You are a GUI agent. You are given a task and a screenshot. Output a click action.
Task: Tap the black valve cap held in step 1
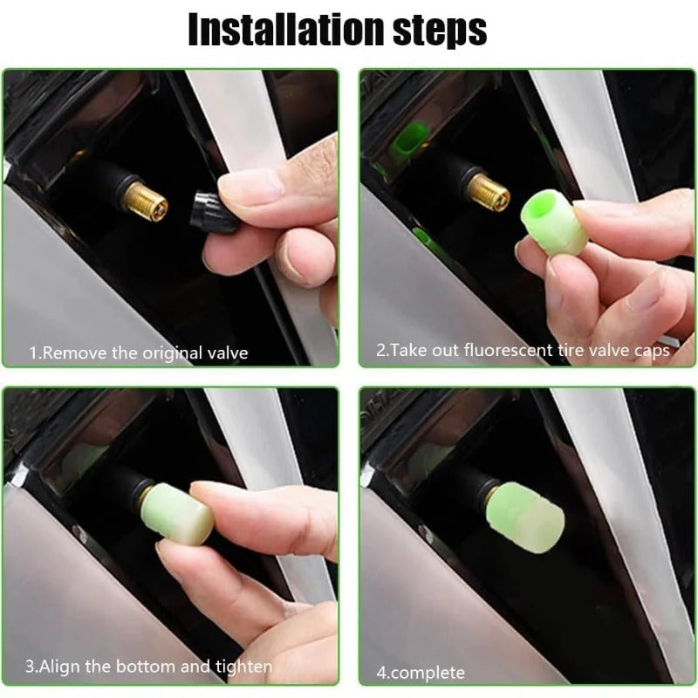(x=214, y=212)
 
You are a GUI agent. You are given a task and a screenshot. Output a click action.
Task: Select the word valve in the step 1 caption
(x=226, y=352)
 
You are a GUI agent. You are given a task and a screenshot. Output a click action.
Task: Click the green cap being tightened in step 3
(x=180, y=515)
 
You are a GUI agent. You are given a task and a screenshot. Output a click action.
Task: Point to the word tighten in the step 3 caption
(x=245, y=667)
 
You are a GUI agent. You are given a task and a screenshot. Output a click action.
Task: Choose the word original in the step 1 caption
(x=169, y=352)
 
